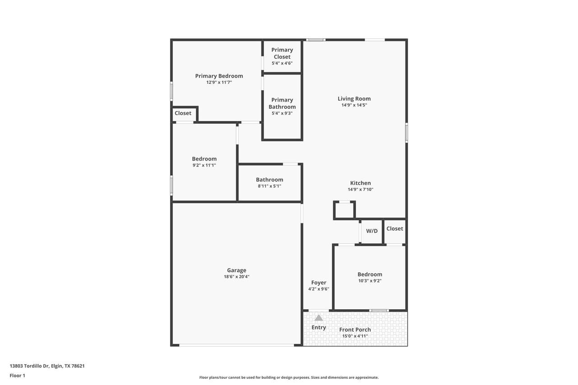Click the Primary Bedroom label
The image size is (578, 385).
click(x=219, y=76)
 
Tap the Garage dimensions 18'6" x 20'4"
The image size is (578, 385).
click(x=236, y=277)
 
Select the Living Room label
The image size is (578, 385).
click(x=354, y=98)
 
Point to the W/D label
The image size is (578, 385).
click(x=372, y=231)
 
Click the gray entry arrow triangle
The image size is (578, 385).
click(x=319, y=318)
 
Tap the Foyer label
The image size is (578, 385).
click(x=319, y=283)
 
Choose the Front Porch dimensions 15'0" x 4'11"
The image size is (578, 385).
click(x=355, y=336)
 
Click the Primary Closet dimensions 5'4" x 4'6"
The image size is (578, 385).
click(x=282, y=63)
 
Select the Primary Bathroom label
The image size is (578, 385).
click(x=282, y=103)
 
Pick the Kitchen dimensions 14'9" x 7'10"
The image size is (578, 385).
click(x=360, y=190)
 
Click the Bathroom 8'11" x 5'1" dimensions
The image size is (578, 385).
click(x=270, y=186)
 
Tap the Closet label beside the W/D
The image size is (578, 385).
click(x=395, y=228)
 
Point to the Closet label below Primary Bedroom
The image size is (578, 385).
click(x=183, y=113)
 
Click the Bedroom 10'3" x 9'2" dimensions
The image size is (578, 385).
click(x=370, y=281)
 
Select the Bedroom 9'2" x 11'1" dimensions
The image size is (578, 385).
click(x=204, y=165)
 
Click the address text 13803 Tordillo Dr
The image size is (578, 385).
click(x=29, y=366)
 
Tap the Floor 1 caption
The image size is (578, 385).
click(x=17, y=376)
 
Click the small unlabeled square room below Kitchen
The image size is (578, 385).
click(x=344, y=210)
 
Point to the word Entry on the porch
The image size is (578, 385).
click(x=319, y=328)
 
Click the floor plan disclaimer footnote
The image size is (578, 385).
click(x=289, y=377)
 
